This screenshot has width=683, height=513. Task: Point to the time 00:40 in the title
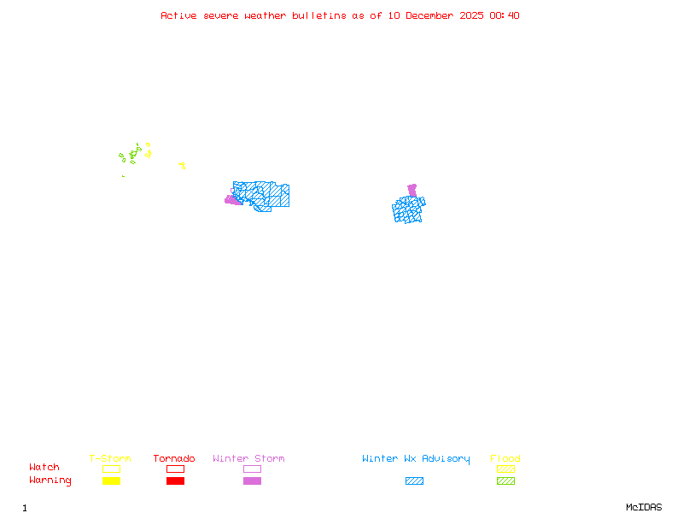[x=505, y=15]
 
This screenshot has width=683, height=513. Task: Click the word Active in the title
[x=178, y=15]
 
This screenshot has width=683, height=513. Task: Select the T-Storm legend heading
[x=110, y=459]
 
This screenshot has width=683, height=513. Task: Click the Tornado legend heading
[x=174, y=459]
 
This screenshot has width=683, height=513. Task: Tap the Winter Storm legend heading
[x=248, y=459]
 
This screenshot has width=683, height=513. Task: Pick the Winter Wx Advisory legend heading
[x=416, y=459]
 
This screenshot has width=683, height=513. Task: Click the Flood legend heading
[x=505, y=459]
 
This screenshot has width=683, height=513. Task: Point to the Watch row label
[x=44, y=468]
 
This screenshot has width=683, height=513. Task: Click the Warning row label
[x=50, y=481]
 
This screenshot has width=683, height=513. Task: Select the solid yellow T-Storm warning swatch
[x=111, y=481]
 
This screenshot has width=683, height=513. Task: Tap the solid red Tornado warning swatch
[x=175, y=481]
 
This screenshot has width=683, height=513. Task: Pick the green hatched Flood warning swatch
[x=505, y=481]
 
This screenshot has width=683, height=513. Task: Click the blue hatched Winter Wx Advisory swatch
[x=414, y=481]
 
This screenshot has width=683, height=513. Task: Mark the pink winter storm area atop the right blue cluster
[x=412, y=190]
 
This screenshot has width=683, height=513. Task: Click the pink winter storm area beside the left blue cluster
[x=231, y=200]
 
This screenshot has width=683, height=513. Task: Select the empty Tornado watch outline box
[x=175, y=469]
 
